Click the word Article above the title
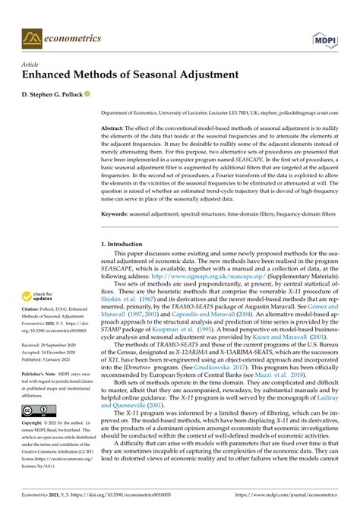click(29, 66)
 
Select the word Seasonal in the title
click(169, 77)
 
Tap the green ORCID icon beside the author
click(87, 96)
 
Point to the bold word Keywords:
click(116, 215)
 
